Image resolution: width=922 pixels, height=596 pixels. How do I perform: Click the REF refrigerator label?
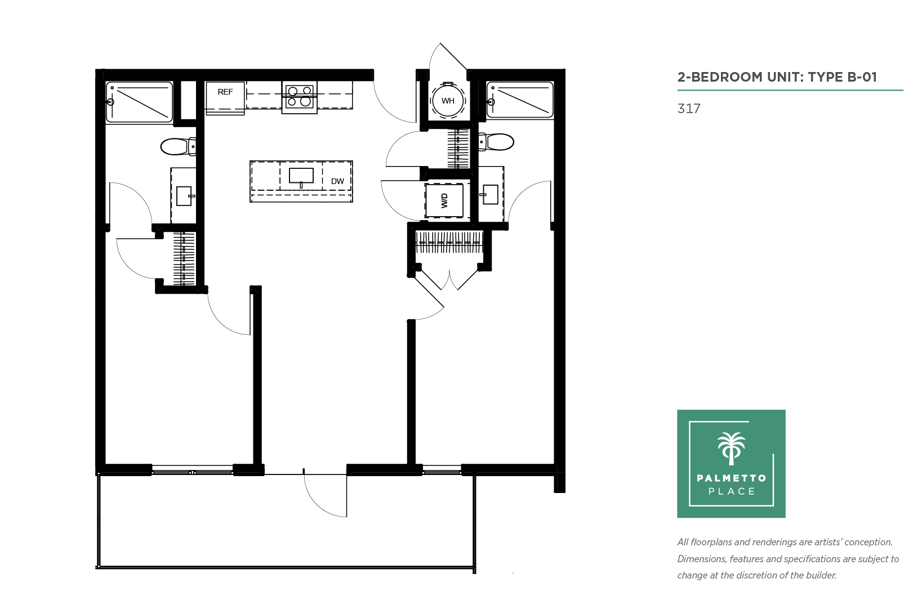[225, 92]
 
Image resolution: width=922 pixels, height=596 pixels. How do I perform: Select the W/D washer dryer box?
[444, 201]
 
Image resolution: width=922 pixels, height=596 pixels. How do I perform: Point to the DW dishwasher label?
[337, 181]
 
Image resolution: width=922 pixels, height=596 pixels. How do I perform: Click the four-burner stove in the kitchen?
[299, 97]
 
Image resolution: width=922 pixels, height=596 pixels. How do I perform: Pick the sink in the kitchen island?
[301, 177]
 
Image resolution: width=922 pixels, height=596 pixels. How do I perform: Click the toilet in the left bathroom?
[178, 146]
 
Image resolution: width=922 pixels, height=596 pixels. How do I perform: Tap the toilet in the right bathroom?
[496, 142]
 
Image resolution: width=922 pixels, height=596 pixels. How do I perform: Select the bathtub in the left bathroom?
[139, 102]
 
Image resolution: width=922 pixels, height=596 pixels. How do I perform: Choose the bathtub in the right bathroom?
[520, 100]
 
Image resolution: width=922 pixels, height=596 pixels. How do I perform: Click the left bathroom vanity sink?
[184, 196]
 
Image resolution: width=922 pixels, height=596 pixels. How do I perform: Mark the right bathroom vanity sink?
[489, 195]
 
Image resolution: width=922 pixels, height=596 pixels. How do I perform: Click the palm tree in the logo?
[731, 449]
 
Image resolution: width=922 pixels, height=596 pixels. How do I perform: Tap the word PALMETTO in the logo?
[732, 478]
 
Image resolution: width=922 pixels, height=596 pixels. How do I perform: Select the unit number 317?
[689, 109]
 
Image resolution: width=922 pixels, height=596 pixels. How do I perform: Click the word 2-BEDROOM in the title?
[720, 77]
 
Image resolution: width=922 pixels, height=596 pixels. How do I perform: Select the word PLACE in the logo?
[732, 491]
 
